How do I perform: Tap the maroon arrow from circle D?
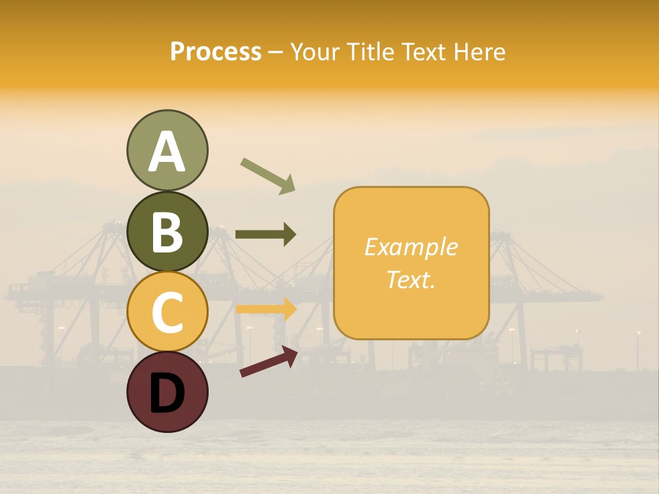(x=268, y=362)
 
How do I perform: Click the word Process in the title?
(x=216, y=52)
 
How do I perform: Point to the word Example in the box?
(x=411, y=247)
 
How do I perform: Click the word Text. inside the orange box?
(x=411, y=280)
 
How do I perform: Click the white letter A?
(x=167, y=152)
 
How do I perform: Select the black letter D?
(x=167, y=393)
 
